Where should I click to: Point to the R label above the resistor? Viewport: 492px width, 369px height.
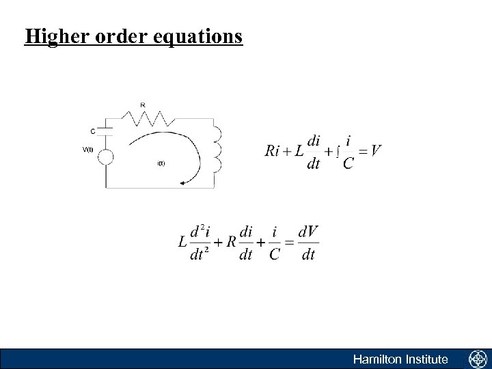pyautogui.click(x=142, y=105)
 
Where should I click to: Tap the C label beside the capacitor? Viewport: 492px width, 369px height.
pyautogui.click(x=93, y=131)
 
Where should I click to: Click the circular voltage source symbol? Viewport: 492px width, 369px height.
pyautogui.click(x=106, y=157)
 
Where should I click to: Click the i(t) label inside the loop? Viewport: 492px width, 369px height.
pyautogui.click(x=161, y=163)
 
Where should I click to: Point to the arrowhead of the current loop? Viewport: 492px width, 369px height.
pyautogui.click(x=184, y=182)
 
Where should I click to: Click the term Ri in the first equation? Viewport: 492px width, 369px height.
pyautogui.click(x=273, y=151)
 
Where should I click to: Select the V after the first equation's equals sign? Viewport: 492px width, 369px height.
pyautogui.click(x=375, y=151)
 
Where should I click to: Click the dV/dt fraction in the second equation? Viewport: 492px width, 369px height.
pyautogui.click(x=309, y=243)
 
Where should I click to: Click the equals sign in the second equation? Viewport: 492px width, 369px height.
pyautogui.click(x=290, y=243)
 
